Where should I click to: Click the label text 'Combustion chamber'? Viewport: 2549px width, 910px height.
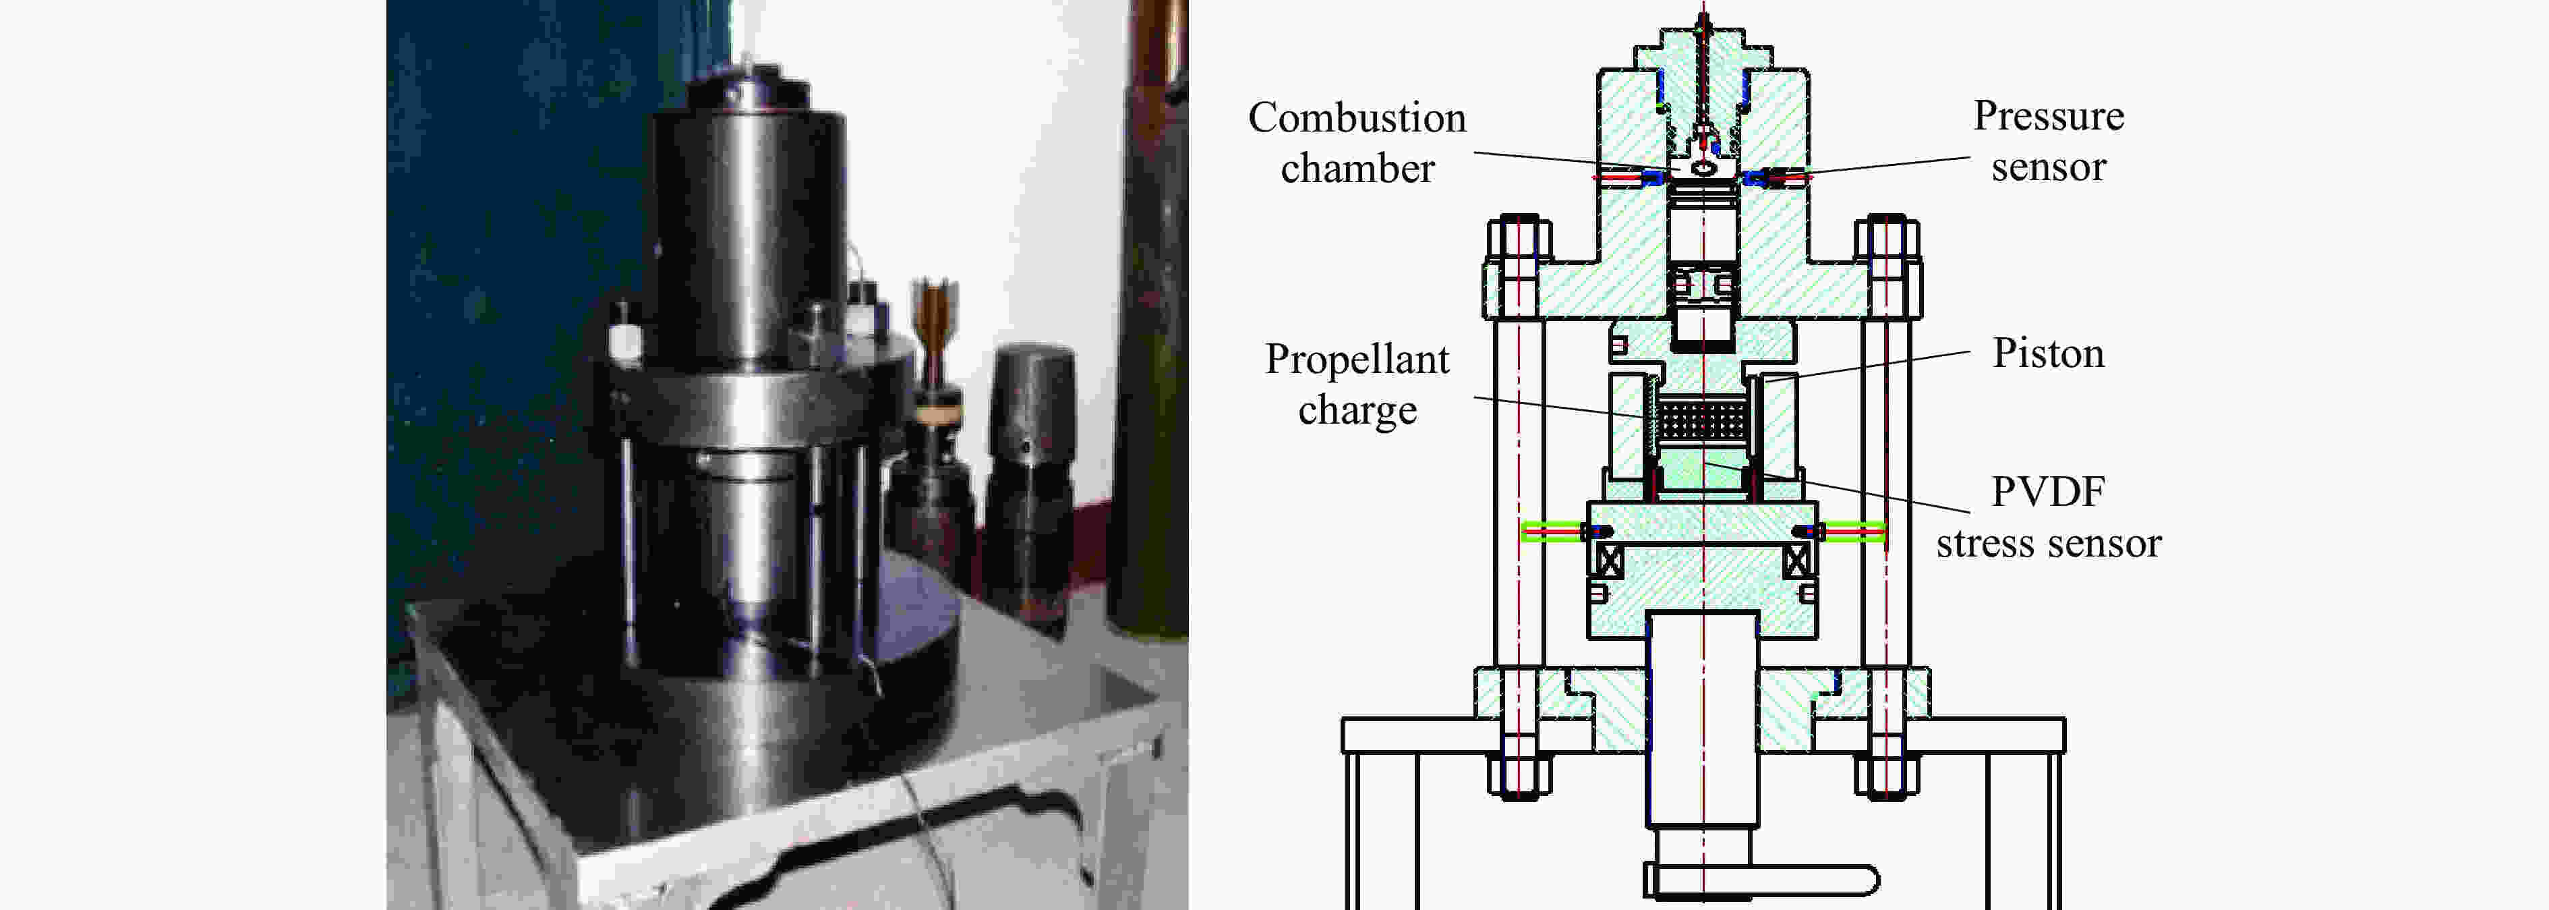coord(1357,142)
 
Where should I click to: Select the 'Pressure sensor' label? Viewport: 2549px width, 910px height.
coord(2049,140)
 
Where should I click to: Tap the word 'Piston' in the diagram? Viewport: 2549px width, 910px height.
coord(2047,353)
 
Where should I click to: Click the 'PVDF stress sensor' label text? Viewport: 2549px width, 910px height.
coord(2049,517)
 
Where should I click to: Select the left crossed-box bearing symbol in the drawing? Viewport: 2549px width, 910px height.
coord(1610,561)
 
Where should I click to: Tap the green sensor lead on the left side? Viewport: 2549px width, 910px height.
coord(1552,532)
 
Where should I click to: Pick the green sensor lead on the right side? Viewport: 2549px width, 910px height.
coord(1854,532)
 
